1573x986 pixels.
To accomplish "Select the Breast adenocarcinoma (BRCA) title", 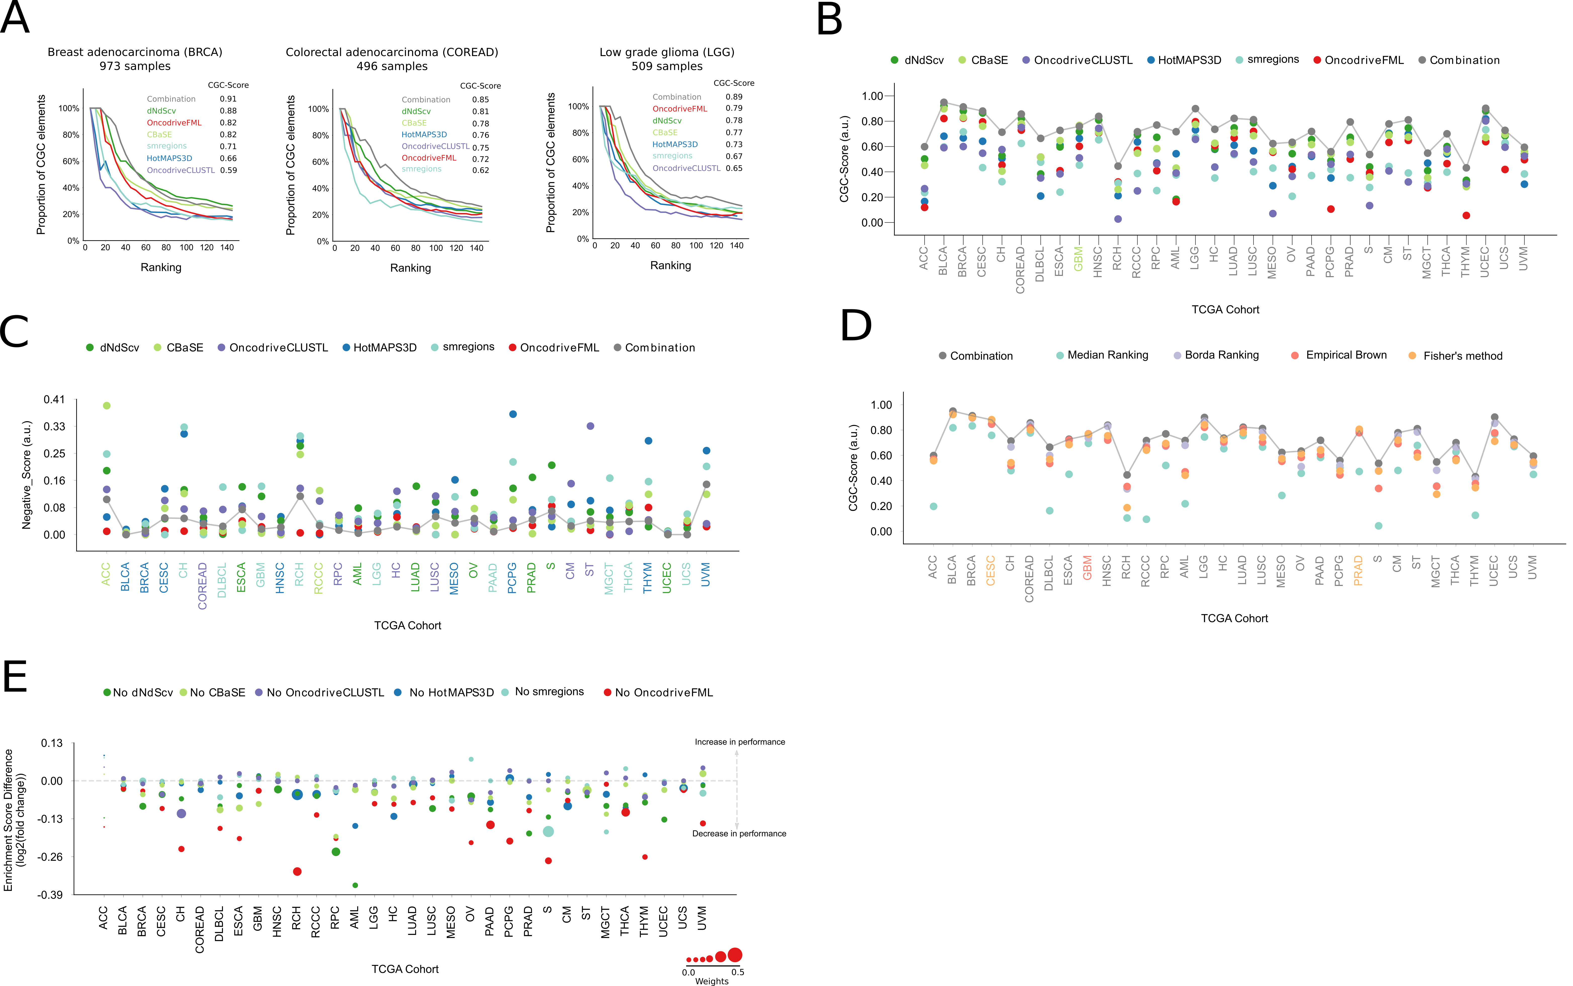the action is [x=135, y=52].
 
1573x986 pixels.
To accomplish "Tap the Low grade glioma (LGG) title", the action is [x=667, y=52].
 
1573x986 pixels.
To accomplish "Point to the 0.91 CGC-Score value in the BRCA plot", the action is [x=228, y=99].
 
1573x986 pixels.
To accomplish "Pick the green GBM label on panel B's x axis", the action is [x=1078, y=259].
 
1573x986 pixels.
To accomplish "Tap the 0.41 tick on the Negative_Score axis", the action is [x=54, y=399].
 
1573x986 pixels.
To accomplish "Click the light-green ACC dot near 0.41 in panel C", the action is [x=107, y=406].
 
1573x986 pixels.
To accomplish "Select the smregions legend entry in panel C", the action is [x=463, y=347].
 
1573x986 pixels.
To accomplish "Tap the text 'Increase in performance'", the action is [x=740, y=742].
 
